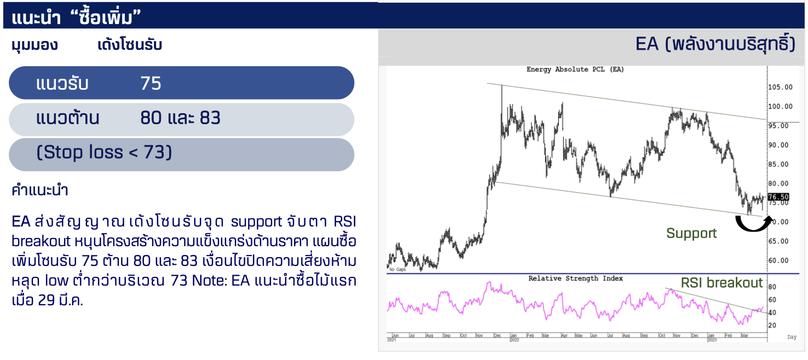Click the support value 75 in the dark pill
coord(151,83)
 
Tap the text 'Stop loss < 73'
coord(104,152)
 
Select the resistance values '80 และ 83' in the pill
coord(180,118)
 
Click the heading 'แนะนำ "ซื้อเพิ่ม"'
coord(76,16)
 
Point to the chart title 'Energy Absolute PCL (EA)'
coord(575,69)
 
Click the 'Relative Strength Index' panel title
coord(575,278)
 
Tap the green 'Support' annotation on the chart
coord(691,233)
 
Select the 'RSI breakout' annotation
coord(722,283)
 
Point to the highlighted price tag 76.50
coord(778,197)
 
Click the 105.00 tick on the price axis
coord(780,87)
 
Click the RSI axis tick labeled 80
coord(772,287)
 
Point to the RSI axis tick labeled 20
coord(772,326)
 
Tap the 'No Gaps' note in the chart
coord(397,269)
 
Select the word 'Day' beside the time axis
coord(792,337)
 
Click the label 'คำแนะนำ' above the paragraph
coord(39,190)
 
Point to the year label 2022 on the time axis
coord(515,340)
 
